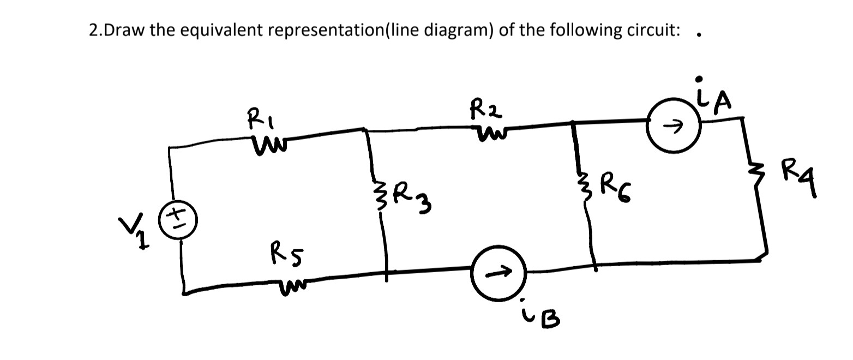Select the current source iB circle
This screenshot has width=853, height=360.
coord(497,272)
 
